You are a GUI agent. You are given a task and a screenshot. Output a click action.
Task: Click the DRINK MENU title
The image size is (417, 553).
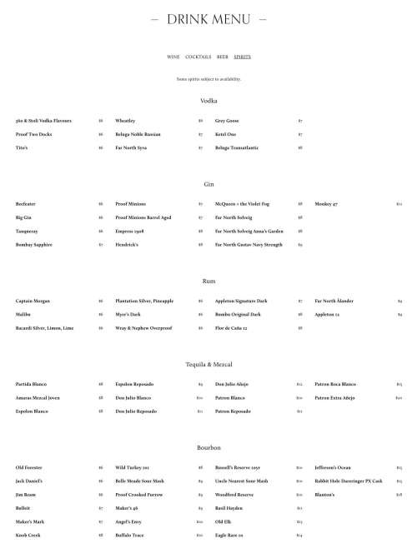coord(208,18)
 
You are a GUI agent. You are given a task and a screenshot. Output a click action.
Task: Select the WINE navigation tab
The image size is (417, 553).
coord(173,57)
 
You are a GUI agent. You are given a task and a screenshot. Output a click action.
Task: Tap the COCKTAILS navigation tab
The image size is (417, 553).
coord(198,57)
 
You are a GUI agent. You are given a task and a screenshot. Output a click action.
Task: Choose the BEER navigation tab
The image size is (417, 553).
coord(223,57)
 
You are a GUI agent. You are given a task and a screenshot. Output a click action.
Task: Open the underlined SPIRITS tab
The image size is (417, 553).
coord(242,57)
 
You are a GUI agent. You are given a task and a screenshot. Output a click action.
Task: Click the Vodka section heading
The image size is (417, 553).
coord(208,101)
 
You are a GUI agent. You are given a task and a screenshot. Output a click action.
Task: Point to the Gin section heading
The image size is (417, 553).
coord(208,184)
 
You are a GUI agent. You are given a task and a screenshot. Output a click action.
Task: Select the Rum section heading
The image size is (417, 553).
coord(208,281)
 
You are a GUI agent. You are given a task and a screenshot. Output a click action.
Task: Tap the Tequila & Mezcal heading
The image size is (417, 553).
coord(208,365)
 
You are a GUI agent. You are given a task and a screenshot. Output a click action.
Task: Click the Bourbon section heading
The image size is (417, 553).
coord(208,448)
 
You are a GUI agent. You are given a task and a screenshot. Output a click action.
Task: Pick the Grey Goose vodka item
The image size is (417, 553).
coord(227,121)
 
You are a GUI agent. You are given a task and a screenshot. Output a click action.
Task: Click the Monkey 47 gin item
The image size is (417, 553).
coord(326,204)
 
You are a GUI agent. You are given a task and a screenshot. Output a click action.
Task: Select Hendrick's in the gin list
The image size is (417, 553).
coord(128,245)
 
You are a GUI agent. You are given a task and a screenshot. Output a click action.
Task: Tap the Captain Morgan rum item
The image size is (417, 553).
coord(33,301)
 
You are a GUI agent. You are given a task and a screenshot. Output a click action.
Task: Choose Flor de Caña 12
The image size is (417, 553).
coord(233,328)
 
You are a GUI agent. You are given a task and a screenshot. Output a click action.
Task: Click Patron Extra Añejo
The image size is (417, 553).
coord(336,398)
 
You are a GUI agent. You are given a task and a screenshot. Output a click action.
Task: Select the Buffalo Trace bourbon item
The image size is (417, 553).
coord(129,536)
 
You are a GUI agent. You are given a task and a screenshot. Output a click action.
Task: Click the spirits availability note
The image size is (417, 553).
coord(208,79)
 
